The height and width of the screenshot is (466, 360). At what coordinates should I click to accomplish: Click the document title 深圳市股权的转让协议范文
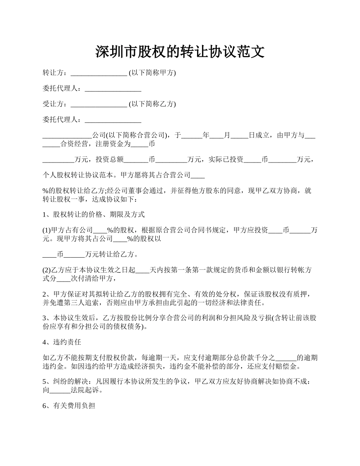(180, 52)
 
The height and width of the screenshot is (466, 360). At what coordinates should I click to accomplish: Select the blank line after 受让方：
(99, 104)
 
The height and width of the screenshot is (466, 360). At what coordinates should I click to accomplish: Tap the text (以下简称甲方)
(152, 73)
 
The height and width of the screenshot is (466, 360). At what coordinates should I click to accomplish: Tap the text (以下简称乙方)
(152, 104)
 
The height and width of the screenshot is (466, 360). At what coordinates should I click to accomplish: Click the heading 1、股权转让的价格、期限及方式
(94, 214)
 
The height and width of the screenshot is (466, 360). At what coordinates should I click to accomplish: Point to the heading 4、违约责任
(62, 342)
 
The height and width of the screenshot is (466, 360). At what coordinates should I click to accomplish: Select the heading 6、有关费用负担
(69, 406)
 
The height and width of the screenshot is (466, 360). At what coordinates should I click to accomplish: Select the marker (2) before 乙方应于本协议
(47, 270)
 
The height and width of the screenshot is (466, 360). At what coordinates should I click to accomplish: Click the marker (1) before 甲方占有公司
(47, 230)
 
